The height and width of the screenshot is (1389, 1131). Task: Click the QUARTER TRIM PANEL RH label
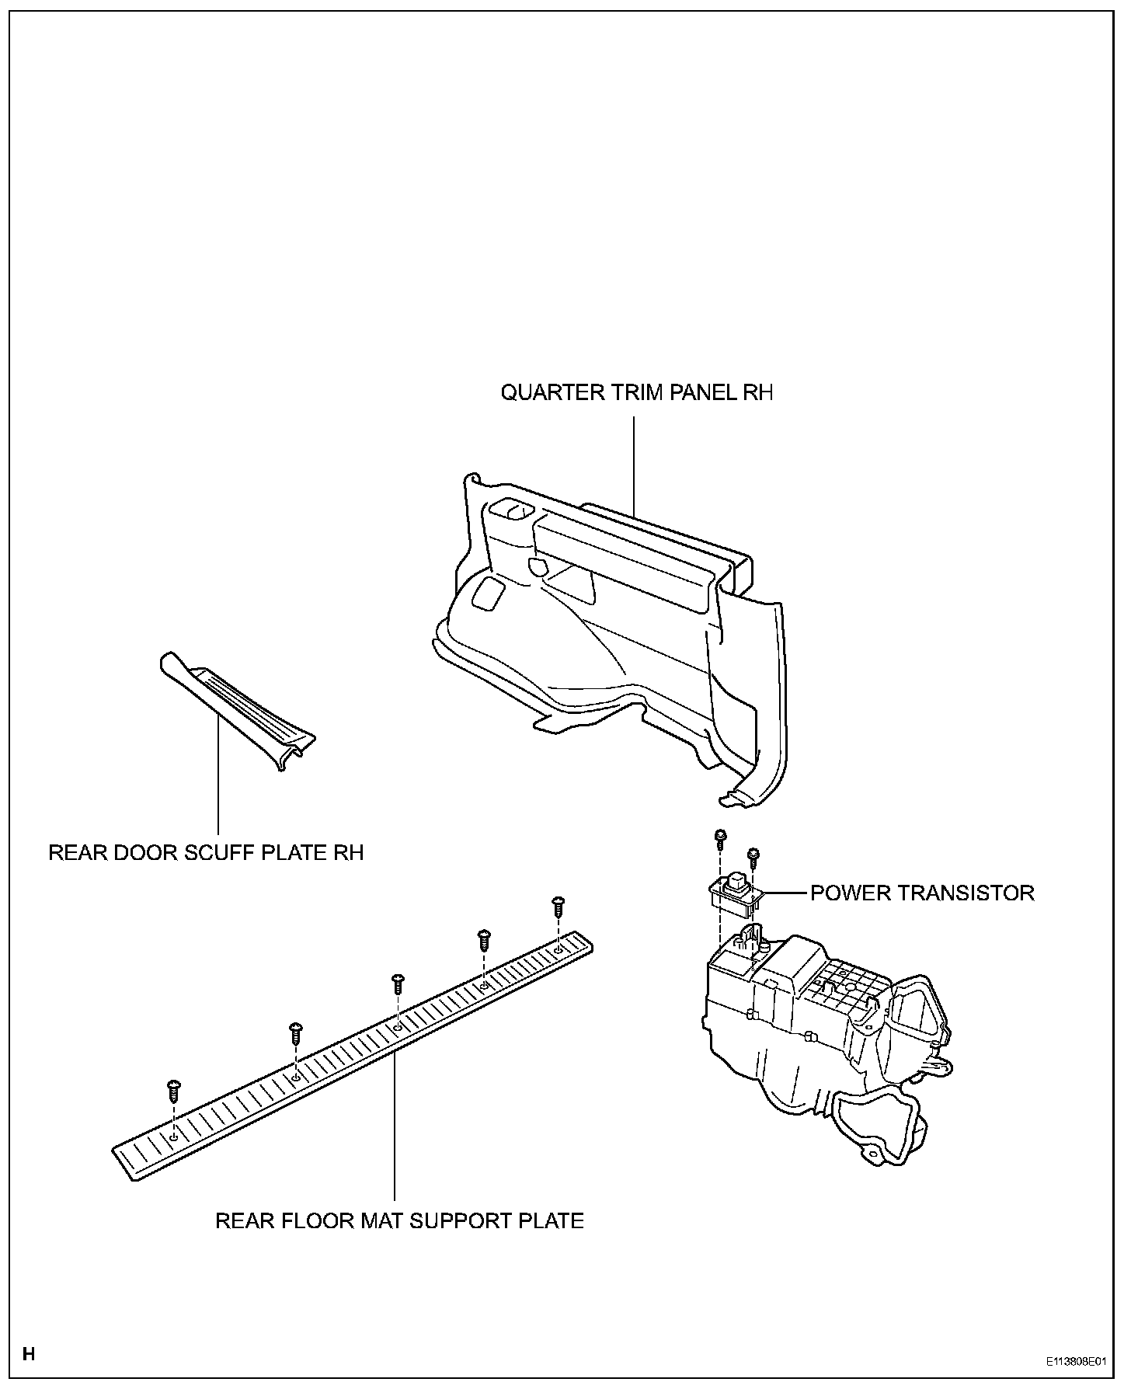636,392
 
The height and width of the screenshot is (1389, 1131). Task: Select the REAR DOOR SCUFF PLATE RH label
206,853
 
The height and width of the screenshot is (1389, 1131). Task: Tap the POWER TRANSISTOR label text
922,893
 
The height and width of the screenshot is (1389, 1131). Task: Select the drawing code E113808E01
1074,1362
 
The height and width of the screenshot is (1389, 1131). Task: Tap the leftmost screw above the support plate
173,1090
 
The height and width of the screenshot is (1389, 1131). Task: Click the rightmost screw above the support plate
557,906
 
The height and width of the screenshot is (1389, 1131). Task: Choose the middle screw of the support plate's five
398,983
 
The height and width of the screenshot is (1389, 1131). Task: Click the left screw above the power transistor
720,837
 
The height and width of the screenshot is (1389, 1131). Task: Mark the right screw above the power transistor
752,856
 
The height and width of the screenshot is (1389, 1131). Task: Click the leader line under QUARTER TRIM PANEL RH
634,466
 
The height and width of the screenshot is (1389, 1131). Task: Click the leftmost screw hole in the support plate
174,1136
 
